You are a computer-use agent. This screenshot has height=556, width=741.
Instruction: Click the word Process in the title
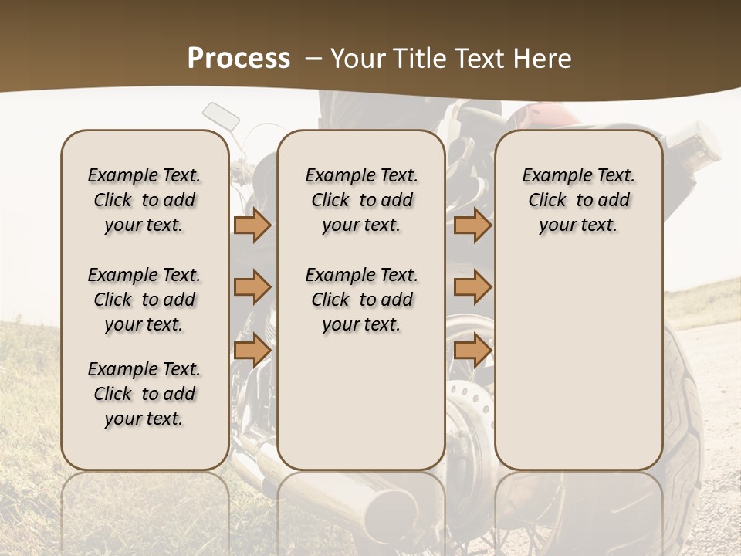(238, 58)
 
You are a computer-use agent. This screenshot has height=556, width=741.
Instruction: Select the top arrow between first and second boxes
(252, 225)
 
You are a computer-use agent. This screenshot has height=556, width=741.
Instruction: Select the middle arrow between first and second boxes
(252, 287)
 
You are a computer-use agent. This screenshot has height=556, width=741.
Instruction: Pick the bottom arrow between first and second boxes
(252, 350)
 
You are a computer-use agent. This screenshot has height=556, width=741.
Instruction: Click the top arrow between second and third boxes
(472, 225)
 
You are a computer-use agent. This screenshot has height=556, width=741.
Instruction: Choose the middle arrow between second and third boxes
(472, 287)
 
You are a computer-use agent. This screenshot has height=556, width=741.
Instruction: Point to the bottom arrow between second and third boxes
(472, 350)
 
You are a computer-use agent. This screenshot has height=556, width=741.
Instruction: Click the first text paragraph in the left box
(144, 200)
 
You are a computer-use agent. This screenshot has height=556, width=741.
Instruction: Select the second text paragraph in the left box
(144, 300)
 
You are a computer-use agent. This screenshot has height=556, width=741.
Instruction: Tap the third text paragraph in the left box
(144, 394)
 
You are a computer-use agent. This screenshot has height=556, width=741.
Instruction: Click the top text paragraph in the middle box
(361, 200)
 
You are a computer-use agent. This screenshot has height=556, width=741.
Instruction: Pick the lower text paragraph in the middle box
(361, 300)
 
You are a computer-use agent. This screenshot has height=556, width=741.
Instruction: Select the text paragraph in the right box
(578, 200)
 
